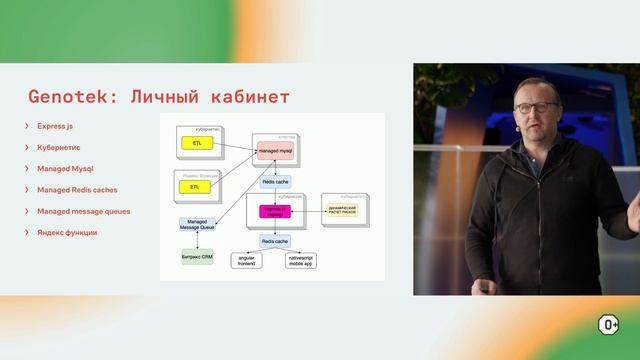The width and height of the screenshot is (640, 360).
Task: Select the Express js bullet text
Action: coord(55,127)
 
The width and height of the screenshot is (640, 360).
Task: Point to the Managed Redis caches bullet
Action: coord(77,190)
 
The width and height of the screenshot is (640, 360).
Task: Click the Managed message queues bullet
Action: coord(83,211)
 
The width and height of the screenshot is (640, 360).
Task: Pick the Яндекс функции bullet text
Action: coord(67,233)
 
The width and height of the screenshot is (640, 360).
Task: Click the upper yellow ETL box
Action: coord(196,144)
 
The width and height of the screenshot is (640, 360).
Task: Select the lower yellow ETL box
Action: coord(195,187)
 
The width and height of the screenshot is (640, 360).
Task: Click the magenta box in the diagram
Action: coord(273,212)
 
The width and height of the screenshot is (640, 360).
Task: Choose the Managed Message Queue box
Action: coord(196,226)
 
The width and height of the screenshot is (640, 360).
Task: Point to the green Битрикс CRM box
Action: coord(196,257)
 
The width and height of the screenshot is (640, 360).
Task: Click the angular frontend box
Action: coord(247,260)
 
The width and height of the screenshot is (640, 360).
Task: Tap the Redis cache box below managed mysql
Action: coord(275,182)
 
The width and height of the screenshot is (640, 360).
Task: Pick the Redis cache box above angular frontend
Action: coord(274,241)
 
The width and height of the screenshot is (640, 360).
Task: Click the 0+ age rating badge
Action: coord(608,324)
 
